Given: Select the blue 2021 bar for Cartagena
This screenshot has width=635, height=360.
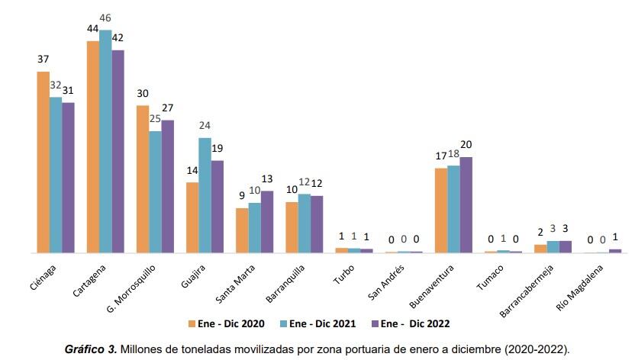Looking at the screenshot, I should pos(105,141).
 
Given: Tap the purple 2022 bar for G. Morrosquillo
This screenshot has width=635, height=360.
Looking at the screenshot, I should pos(167,186).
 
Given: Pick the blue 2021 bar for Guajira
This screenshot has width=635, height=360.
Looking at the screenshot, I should pos(205,194).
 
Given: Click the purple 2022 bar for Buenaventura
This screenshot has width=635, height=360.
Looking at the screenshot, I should pos(466,204).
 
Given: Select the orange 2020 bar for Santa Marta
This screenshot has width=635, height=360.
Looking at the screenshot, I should pos(242,230).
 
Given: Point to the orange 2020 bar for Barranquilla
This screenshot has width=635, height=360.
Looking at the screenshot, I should pos(292,227).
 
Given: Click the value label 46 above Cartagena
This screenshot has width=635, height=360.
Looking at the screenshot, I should pos(105,17).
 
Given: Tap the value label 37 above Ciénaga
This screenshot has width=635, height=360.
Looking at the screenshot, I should pos(44,59).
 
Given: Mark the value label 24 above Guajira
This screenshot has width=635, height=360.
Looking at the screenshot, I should pos(205,126).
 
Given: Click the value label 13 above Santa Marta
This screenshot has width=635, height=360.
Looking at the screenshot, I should pos(267,178).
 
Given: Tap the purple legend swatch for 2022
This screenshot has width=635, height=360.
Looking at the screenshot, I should pos(373,324).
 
